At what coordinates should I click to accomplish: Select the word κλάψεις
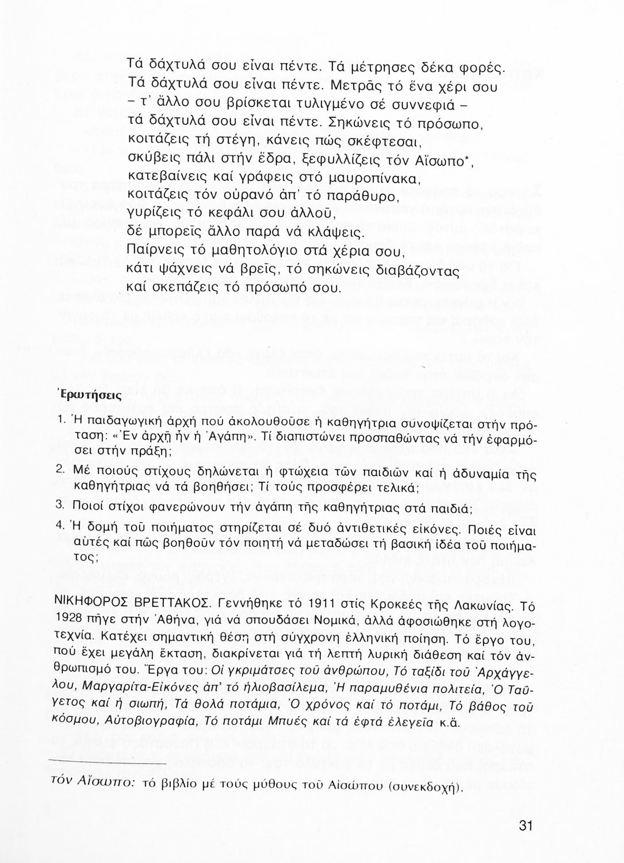pos(336,234)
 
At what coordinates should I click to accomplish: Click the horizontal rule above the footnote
pos(108,763)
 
